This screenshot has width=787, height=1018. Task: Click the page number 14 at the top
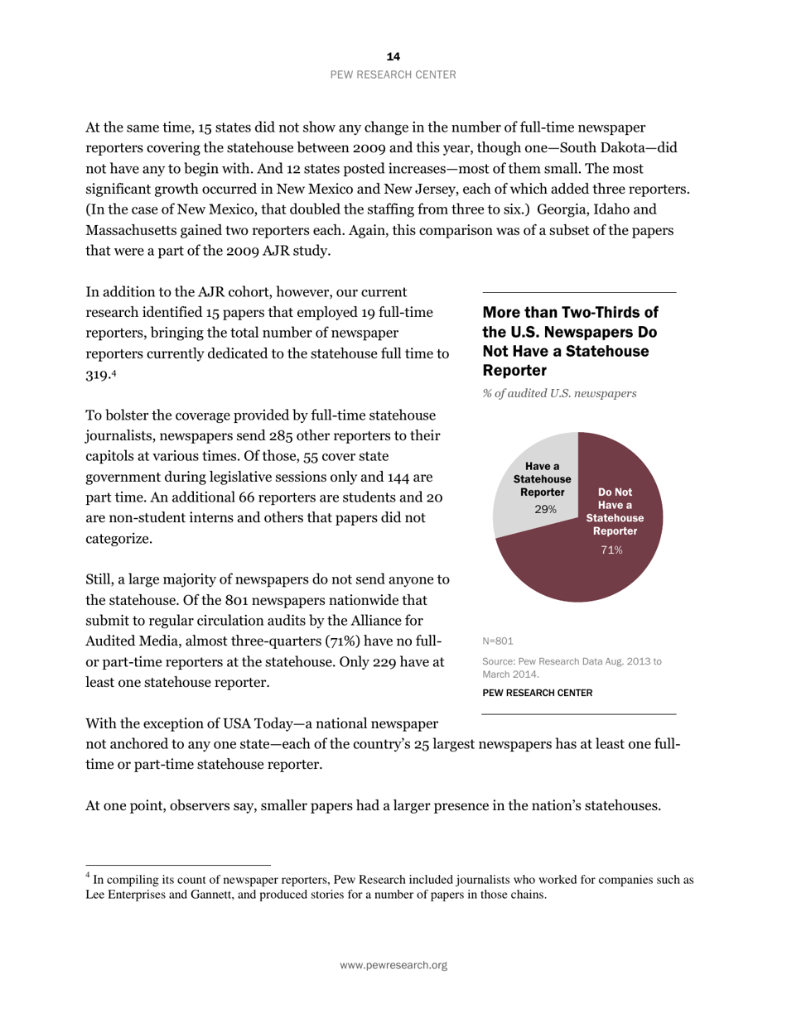[393, 56]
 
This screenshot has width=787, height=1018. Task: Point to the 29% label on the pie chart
[544, 509]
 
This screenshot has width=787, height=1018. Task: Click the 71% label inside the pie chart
[612, 550]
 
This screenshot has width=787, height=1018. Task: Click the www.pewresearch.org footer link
[393, 965]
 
